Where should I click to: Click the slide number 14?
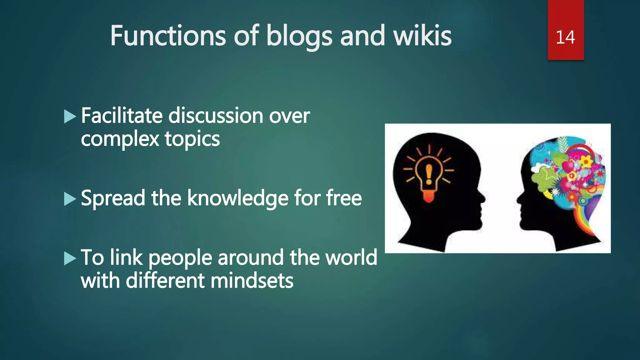(565, 37)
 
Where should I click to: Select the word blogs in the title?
(299, 37)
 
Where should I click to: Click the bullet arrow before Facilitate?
(70, 117)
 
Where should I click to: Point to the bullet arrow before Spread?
(70, 199)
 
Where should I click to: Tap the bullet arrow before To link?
(70, 258)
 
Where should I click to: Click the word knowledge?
(237, 198)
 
